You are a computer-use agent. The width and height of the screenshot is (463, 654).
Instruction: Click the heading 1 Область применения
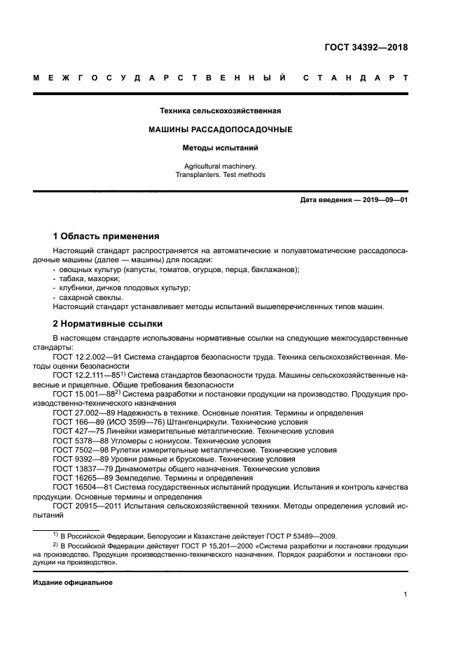pyautogui.click(x=106, y=236)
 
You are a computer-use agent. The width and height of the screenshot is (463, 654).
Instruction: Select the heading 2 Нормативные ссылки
pyautogui.click(x=108, y=323)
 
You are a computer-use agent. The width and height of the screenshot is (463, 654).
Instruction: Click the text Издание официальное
pyautogui.click(x=73, y=582)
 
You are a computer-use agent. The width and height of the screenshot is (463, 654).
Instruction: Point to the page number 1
pyautogui.click(x=406, y=595)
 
